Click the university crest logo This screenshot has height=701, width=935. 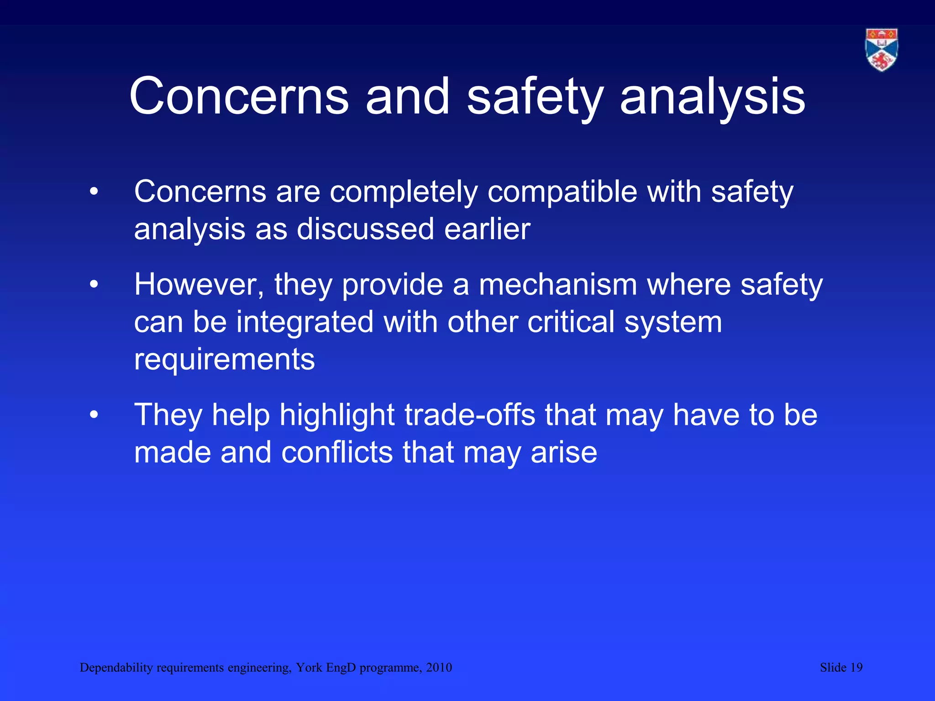coord(882,50)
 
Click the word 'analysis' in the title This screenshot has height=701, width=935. coord(713,97)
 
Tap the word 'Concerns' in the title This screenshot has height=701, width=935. coord(239,97)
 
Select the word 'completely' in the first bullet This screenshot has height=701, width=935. coord(404,192)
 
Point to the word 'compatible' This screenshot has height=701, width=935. coord(562,192)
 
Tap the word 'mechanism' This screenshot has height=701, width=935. coord(557,285)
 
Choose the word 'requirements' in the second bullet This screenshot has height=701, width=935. coord(224,360)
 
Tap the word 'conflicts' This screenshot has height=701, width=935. coord(337,453)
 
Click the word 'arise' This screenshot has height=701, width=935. coord(564,453)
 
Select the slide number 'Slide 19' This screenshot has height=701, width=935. coord(841,668)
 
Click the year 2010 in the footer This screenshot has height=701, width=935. coord(439,668)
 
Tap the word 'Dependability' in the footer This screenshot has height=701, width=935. coord(116,668)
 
